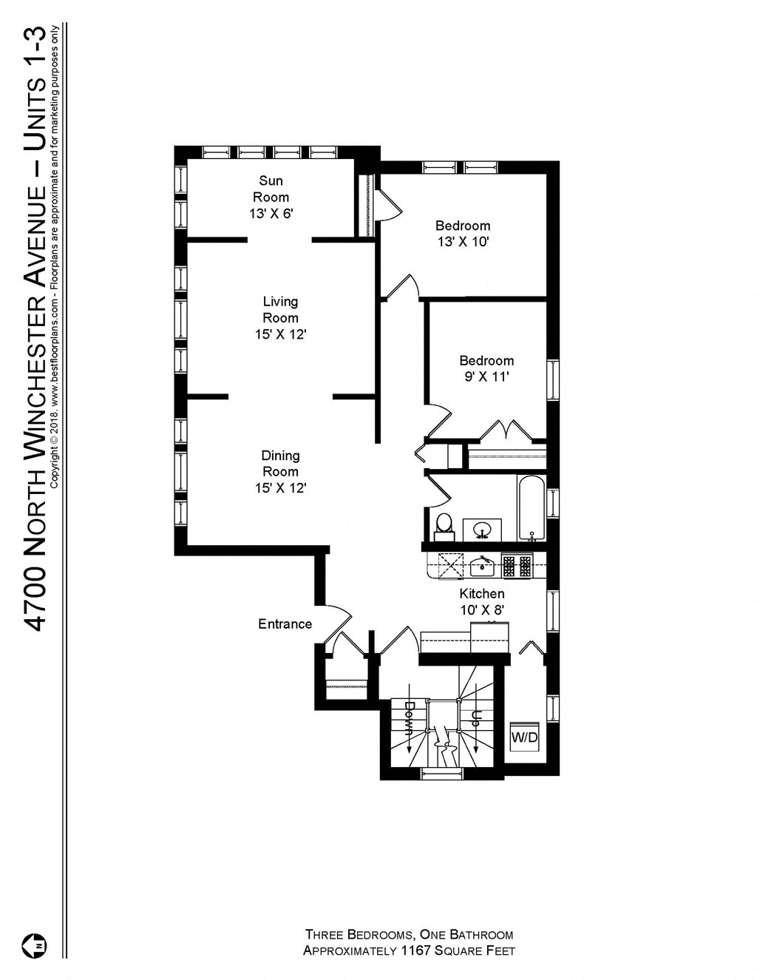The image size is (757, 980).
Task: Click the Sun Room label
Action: (271, 189)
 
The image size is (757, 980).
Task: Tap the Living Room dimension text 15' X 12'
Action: (280, 334)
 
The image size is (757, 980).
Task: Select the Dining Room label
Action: (280, 464)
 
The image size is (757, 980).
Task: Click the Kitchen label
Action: (482, 594)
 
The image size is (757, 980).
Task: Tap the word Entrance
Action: (285, 624)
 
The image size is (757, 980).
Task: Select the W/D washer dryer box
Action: (525, 737)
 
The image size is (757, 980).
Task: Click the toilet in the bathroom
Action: (444, 524)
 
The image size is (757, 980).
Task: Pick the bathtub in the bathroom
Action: (531, 509)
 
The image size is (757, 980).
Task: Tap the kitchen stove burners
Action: (517, 566)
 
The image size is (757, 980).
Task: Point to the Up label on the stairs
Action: (477, 717)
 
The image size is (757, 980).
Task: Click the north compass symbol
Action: (35, 944)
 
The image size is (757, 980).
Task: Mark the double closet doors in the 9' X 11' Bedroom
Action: (507, 431)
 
